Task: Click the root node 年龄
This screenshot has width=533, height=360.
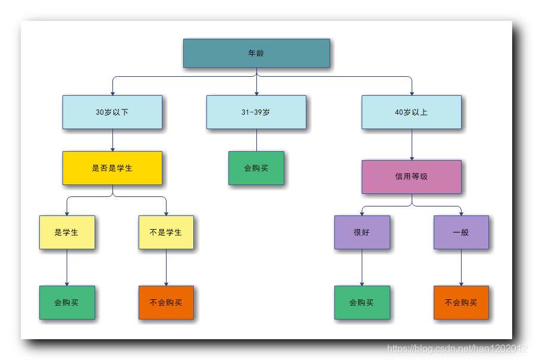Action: tap(256, 53)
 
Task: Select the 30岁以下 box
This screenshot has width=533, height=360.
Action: tap(112, 112)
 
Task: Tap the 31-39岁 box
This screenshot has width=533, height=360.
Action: tap(256, 112)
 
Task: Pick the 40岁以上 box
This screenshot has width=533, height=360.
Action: tap(411, 112)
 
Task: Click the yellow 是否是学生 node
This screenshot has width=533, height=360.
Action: tap(112, 168)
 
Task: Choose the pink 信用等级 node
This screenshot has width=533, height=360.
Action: tap(411, 177)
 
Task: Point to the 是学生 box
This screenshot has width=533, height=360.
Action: tap(67, 232)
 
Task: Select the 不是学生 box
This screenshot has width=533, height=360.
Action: tap(166, 232)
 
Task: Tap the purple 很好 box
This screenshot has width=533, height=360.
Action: tap(362, 232)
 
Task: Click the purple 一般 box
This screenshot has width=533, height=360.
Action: tap(461, 232)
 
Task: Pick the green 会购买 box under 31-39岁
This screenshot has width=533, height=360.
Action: tap(256, 168)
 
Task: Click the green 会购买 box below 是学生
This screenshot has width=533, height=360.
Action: tap(67, 302)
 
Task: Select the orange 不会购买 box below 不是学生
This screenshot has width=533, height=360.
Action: tap(166, 302)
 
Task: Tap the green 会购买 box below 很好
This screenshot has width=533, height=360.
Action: tap(362, 302)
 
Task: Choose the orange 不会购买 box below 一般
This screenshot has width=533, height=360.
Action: tap(461, 302)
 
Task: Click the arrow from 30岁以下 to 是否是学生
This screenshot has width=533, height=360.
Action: tap(112, 140)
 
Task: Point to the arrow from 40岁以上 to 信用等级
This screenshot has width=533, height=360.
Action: tap(412, 145)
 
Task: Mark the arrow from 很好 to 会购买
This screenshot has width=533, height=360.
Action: tap(362, 268)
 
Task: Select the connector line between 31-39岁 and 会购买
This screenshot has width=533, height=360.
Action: tap(256, 140)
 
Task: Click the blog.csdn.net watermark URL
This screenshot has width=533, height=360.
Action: tap(457, 349)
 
